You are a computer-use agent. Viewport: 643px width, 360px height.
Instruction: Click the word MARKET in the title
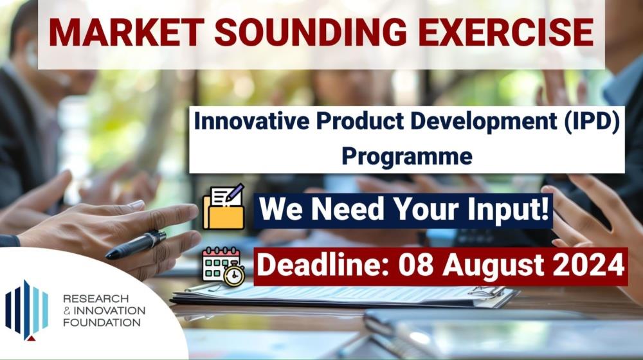[126, 33]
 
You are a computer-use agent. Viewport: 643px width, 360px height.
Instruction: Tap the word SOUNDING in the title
[311, 33]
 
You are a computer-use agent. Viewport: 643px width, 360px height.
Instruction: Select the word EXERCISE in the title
[505, 33]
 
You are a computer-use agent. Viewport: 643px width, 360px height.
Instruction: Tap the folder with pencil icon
[224, 206]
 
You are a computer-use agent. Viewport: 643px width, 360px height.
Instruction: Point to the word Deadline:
[323, 265]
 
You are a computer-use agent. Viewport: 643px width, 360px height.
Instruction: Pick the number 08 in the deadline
[416, 265]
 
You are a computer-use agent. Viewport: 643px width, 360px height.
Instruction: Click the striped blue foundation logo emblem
[26, 310]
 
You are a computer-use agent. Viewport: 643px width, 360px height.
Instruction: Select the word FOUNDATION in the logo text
[102, 322]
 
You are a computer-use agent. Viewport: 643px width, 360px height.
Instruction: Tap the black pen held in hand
[136, 245]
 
